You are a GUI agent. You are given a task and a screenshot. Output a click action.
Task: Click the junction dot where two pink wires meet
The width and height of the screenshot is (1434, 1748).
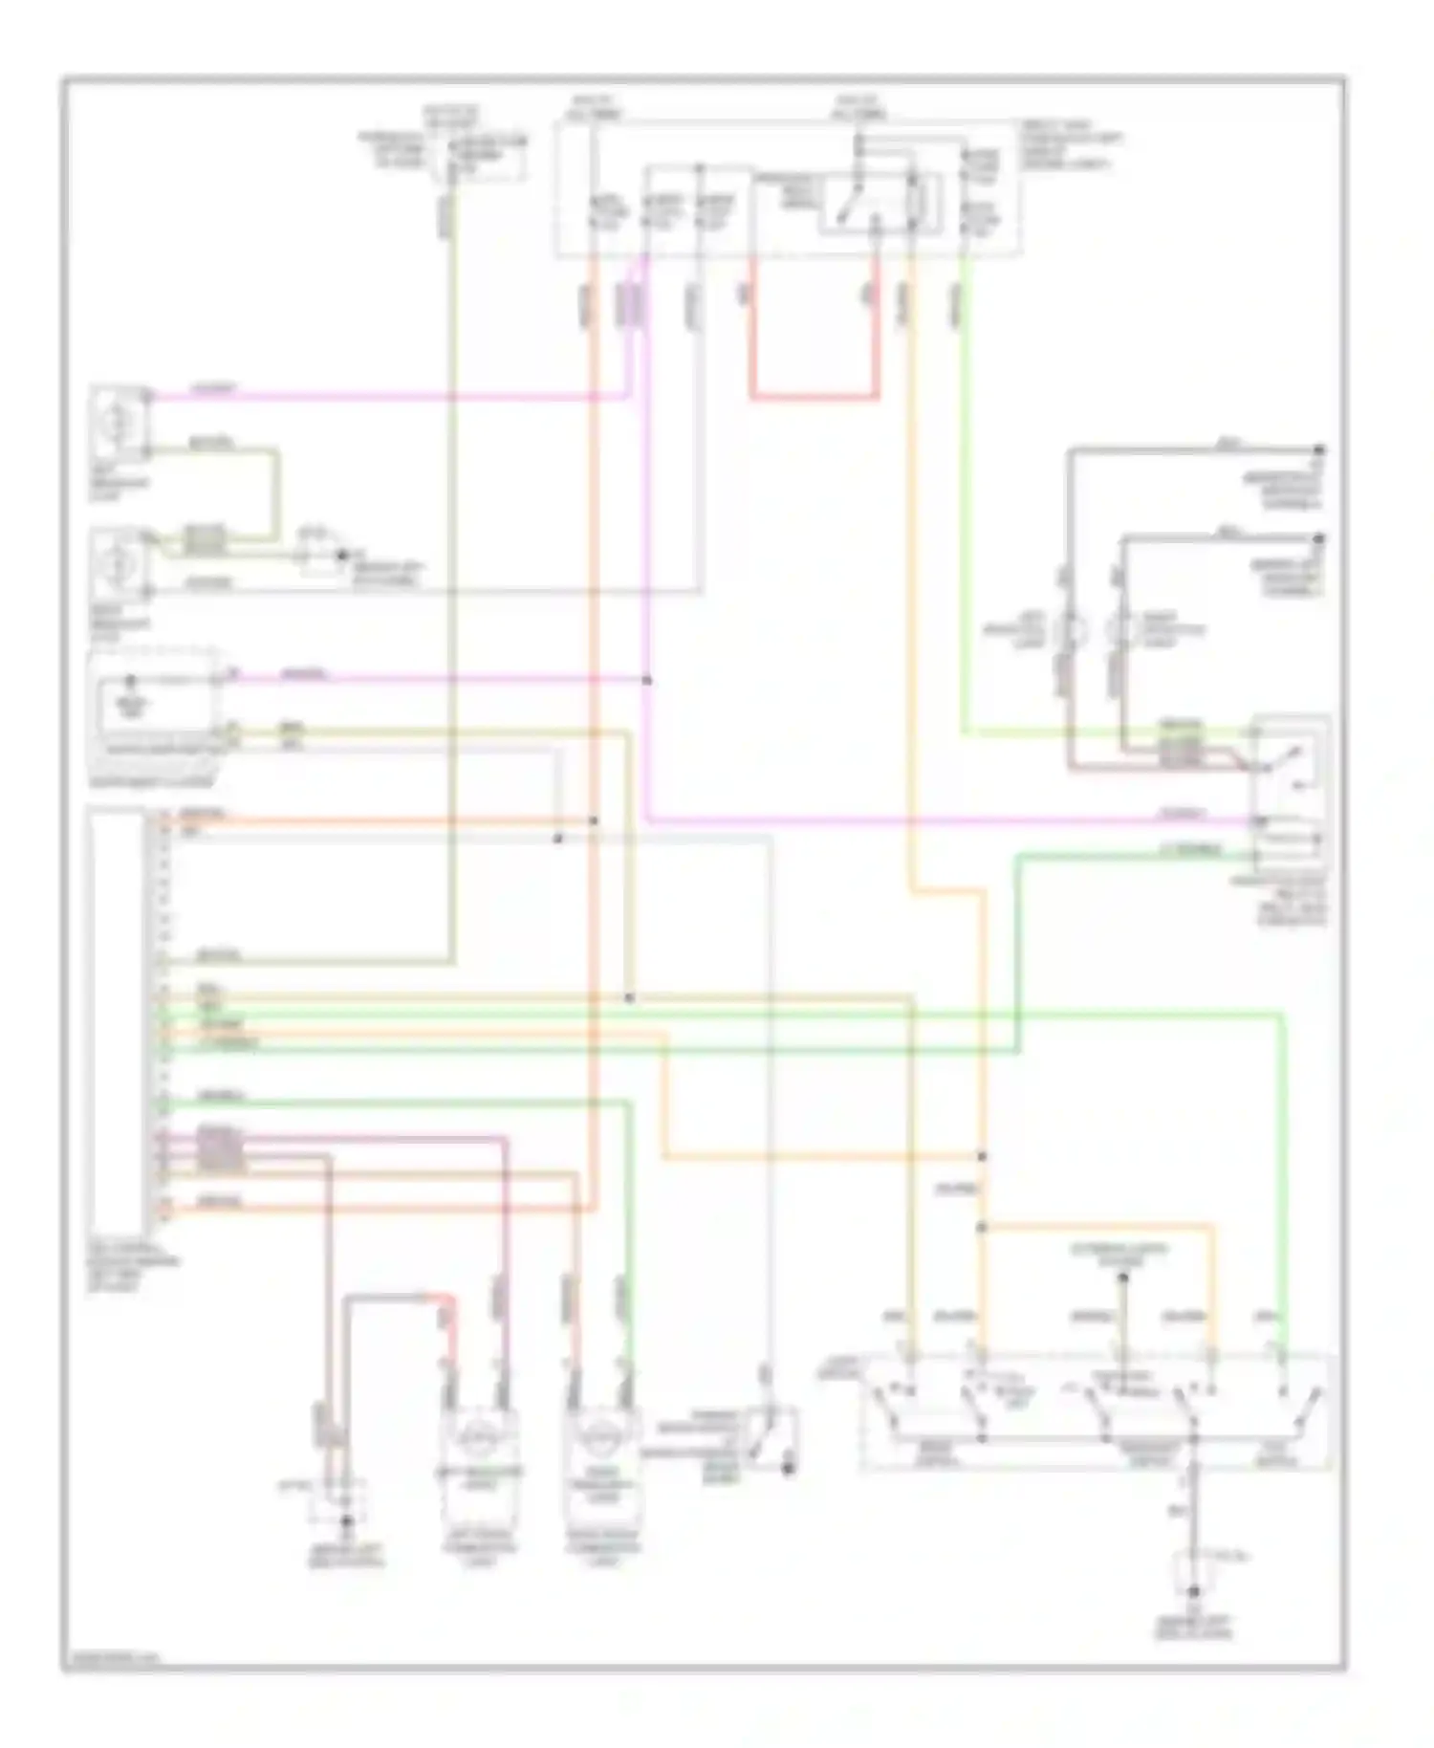pyautogui.click(x=647, y=680)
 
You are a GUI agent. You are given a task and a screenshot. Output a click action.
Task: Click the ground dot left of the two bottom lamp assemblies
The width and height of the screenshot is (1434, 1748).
pyautogui.click(x=348, y=1519)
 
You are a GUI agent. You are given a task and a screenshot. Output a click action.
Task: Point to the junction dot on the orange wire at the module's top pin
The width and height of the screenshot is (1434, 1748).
pyautogui.click(x=593, y=820)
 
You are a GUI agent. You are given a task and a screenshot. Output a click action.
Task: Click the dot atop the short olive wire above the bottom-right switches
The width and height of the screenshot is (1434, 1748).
pyautogui.click(x=1124, y=1278)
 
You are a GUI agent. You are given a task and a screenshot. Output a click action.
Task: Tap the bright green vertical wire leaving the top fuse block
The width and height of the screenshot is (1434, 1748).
pyautogui.click(x=964, y=497)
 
